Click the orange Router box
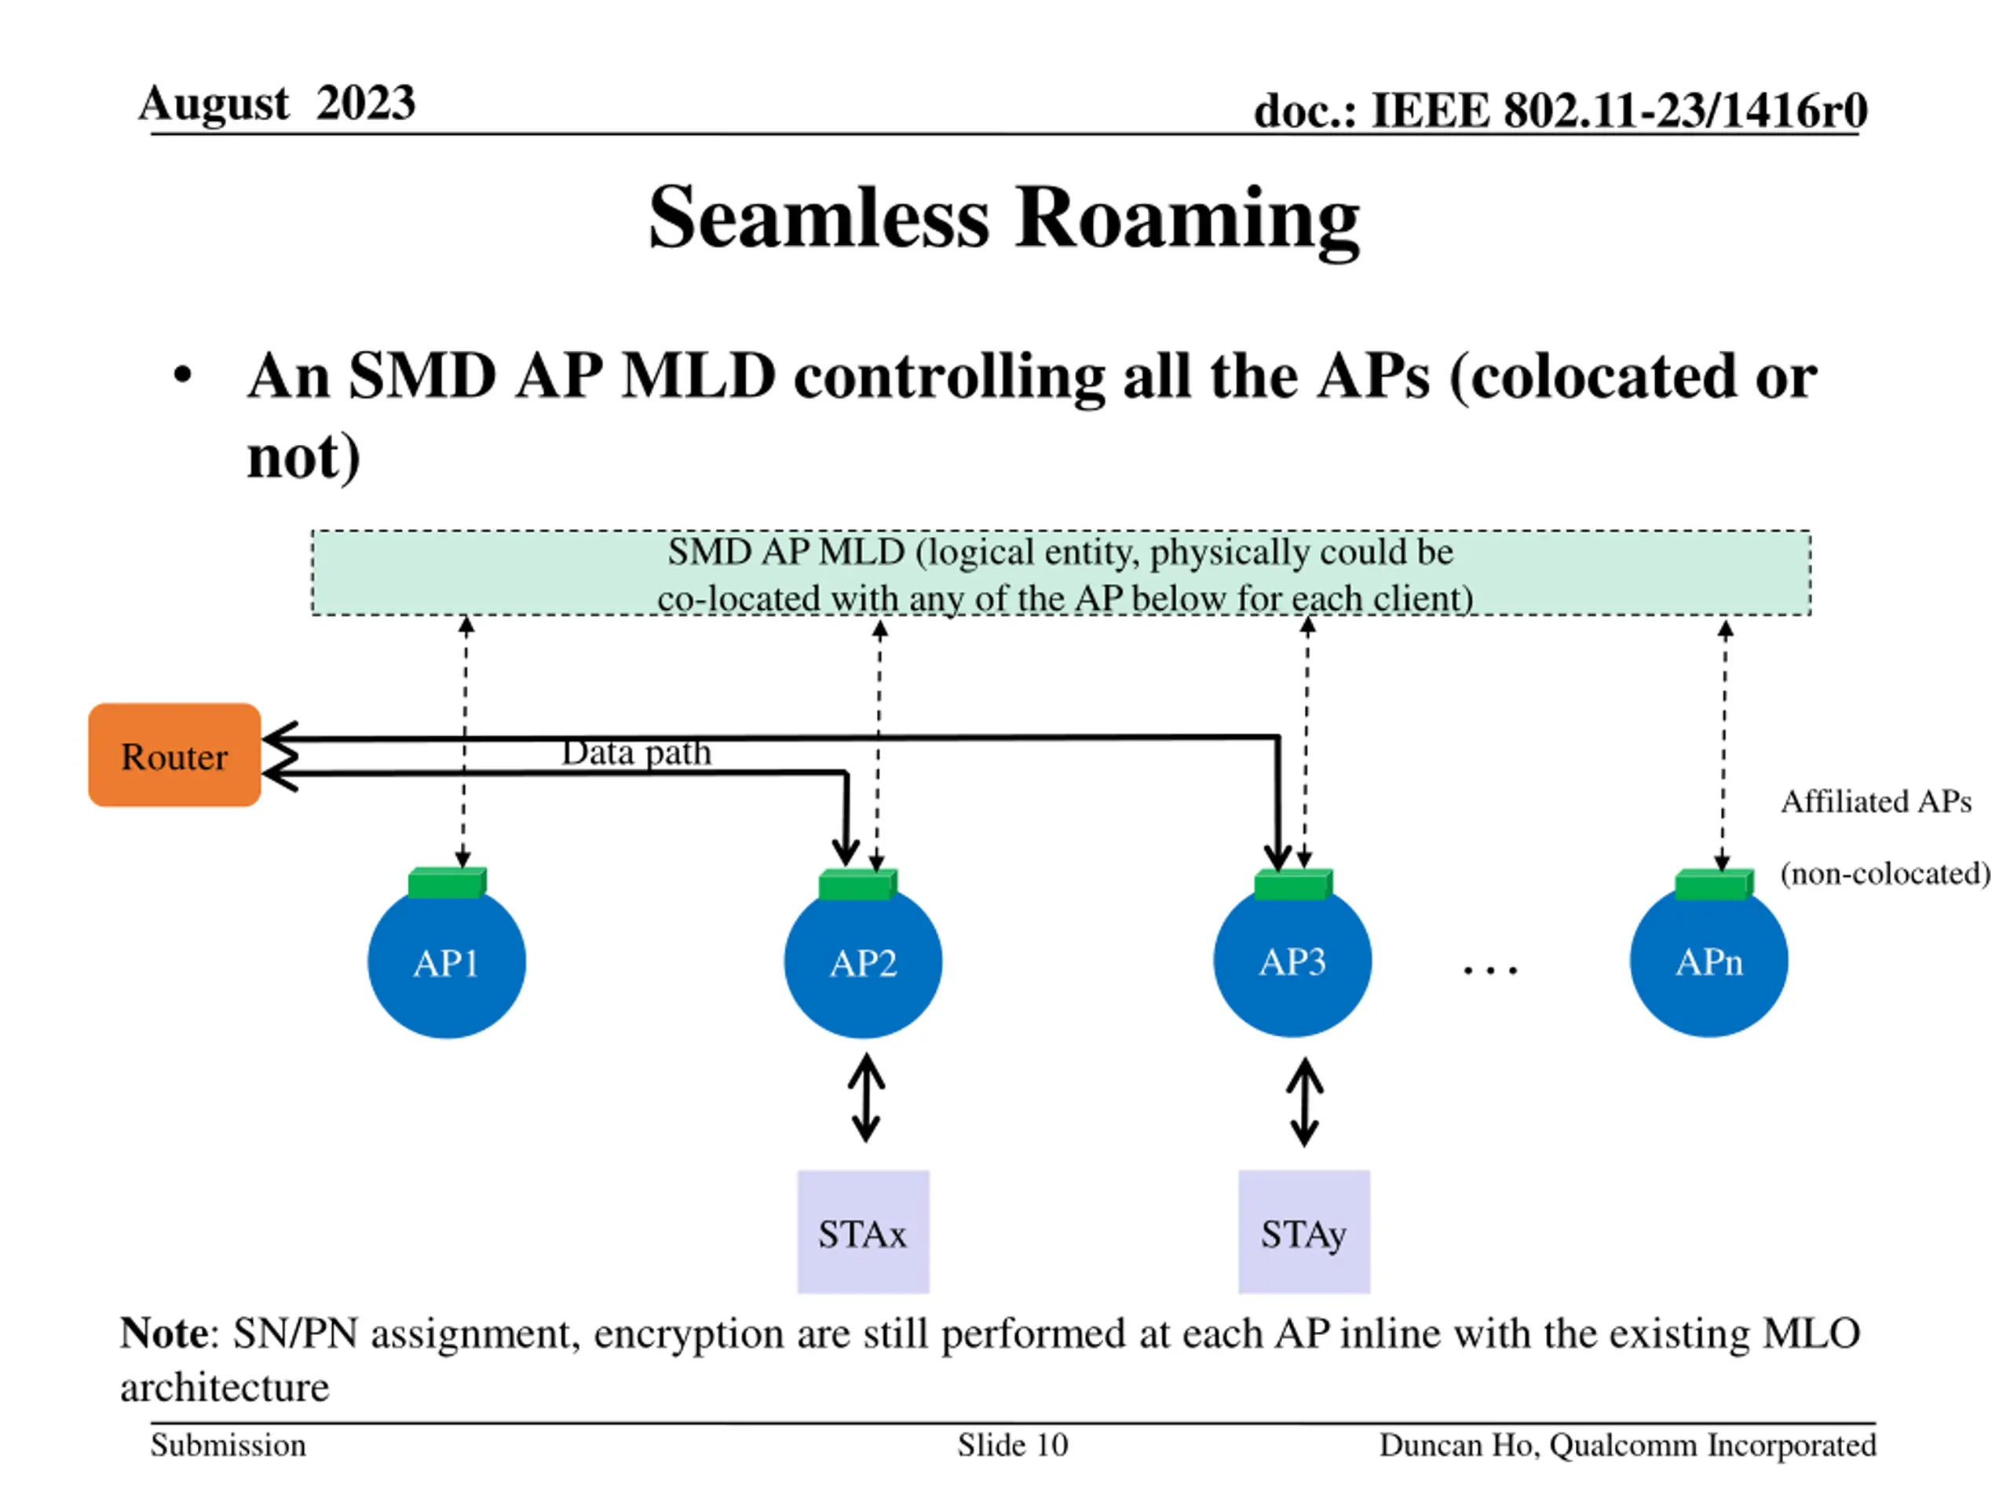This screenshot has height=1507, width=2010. coord(174,755)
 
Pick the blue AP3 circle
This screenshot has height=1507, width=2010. coord(1292,960)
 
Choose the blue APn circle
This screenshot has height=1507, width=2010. coord(1708,960)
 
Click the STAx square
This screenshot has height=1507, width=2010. coord(863,1232)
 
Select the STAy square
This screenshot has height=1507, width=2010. coord(1304,1232)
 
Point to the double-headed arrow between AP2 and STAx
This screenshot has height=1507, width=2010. coord(866,1097)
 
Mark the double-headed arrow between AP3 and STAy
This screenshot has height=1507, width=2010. coord(1305,1101)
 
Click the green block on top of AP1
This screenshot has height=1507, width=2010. coord(447,883)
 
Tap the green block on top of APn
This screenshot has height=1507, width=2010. coord(1714,885)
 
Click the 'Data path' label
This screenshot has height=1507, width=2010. coord(636,753)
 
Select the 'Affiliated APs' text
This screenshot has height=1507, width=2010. coord(1876,801)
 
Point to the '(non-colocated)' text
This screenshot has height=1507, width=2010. coord(1885,874)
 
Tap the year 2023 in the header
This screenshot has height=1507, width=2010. coord(366,103)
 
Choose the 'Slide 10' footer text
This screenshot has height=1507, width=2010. coord(1012,1444)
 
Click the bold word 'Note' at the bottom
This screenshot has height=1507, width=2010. coord(164,1334)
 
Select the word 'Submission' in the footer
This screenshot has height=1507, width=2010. coord(228,1444)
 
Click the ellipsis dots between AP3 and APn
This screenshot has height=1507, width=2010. coord(1490,971)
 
